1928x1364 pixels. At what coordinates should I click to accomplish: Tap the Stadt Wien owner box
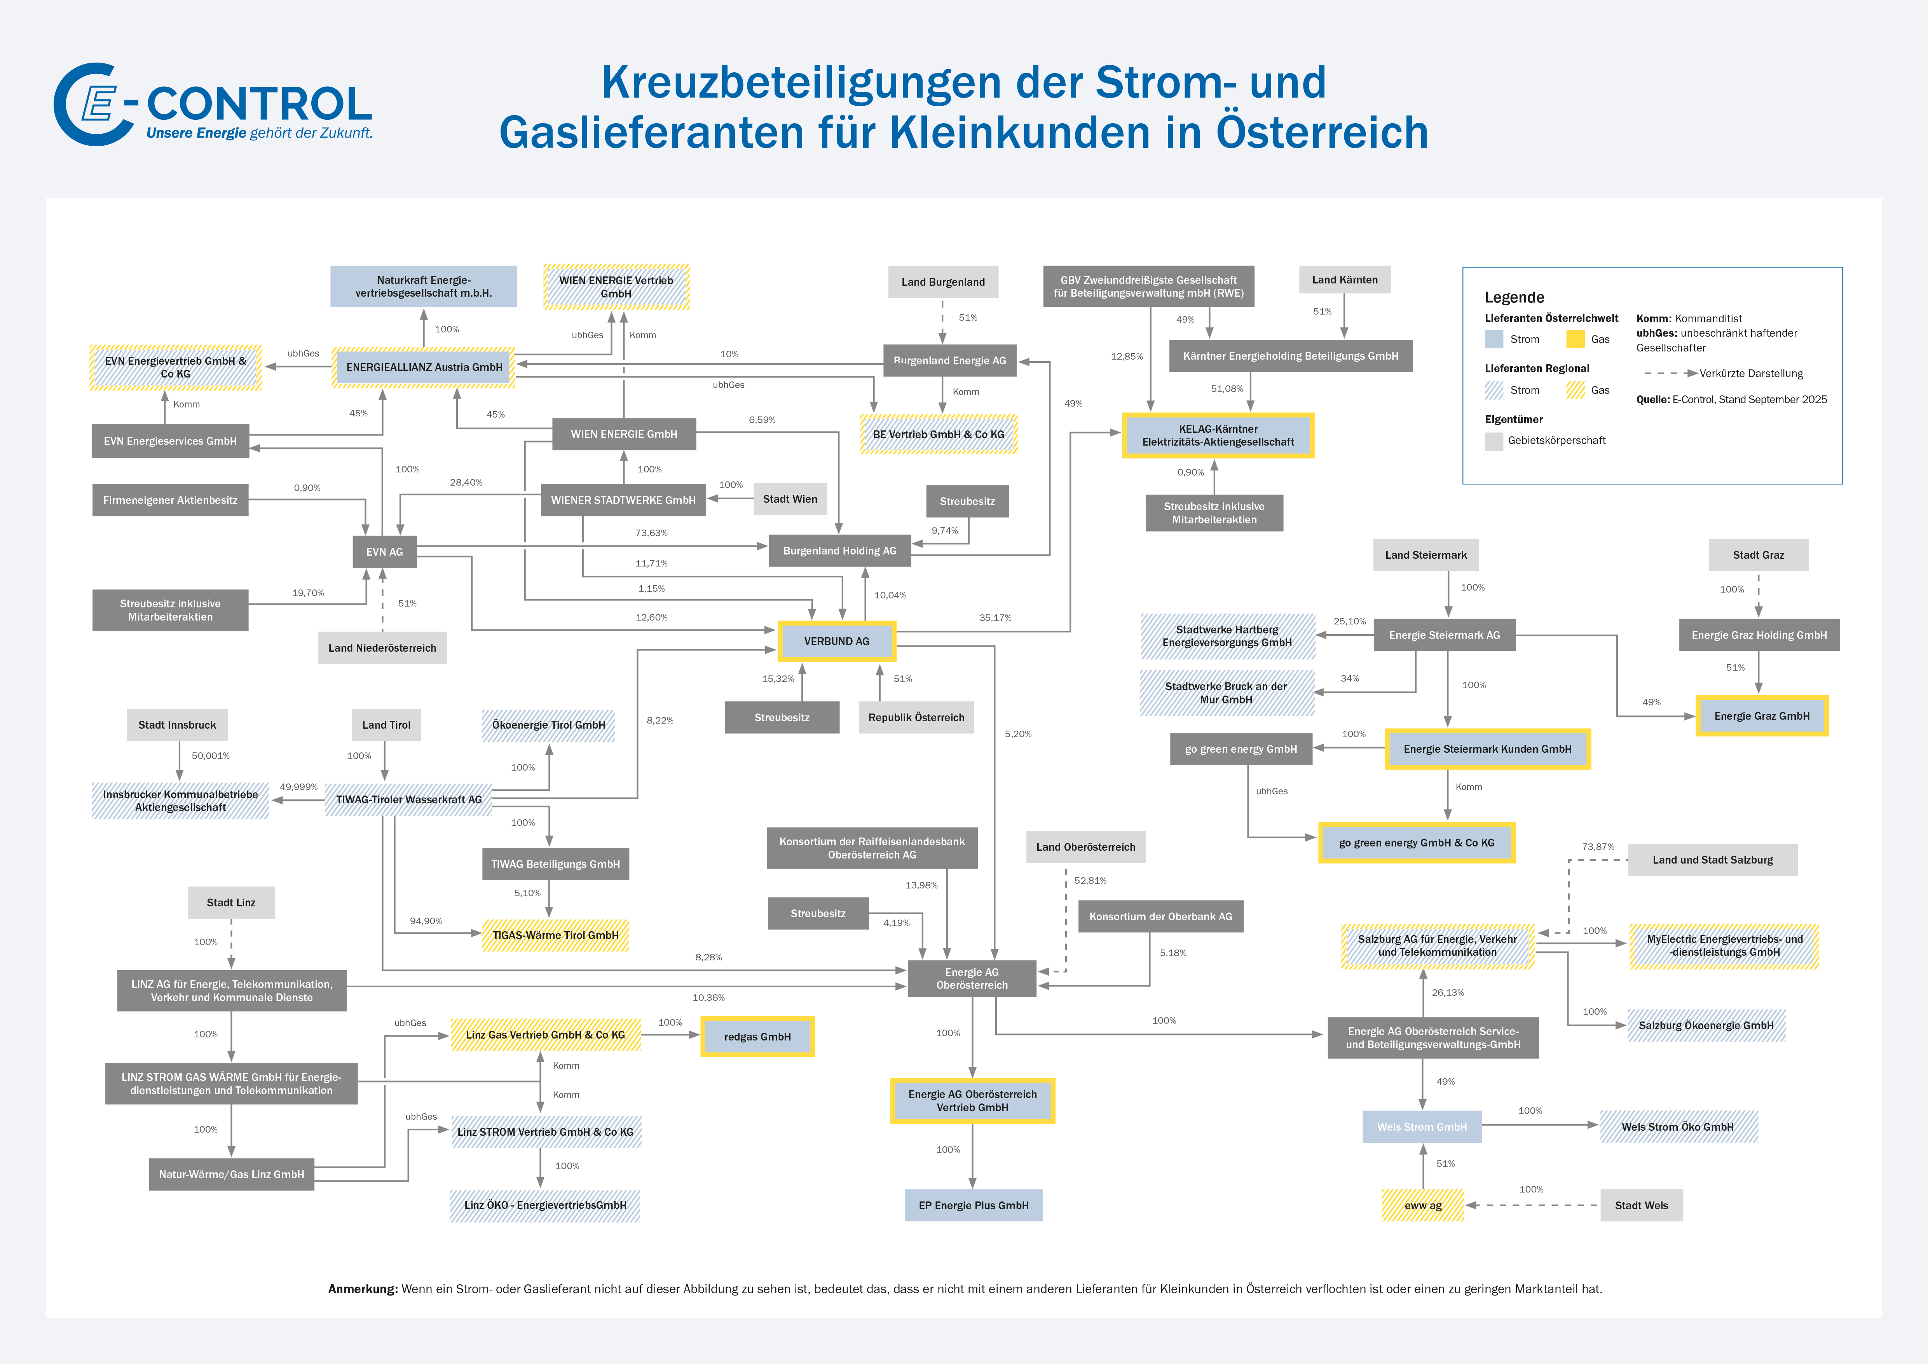pyautogui.click(x=789, y=499)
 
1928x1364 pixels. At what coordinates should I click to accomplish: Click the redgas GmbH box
pyautogui.click(x=757, y=1037)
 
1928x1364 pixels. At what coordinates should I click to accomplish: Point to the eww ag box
pyautogui.click(x=1422, y=1205)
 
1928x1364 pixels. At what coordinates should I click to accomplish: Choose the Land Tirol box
pyautogui.click(x=386, y=725)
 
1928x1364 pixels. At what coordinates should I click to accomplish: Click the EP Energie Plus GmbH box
pyautogui.click(x=973, y=1205)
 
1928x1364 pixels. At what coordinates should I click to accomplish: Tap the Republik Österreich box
pyautogui.click(x=916, y=717)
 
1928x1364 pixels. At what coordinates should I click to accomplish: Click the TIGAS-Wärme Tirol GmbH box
pyautogui.click(x=555, y=935)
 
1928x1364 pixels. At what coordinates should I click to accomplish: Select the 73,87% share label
pyautogui.click(x=1598, y=846)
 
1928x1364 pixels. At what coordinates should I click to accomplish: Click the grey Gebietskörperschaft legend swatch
pyautogui.click(x=1494, y=441)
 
